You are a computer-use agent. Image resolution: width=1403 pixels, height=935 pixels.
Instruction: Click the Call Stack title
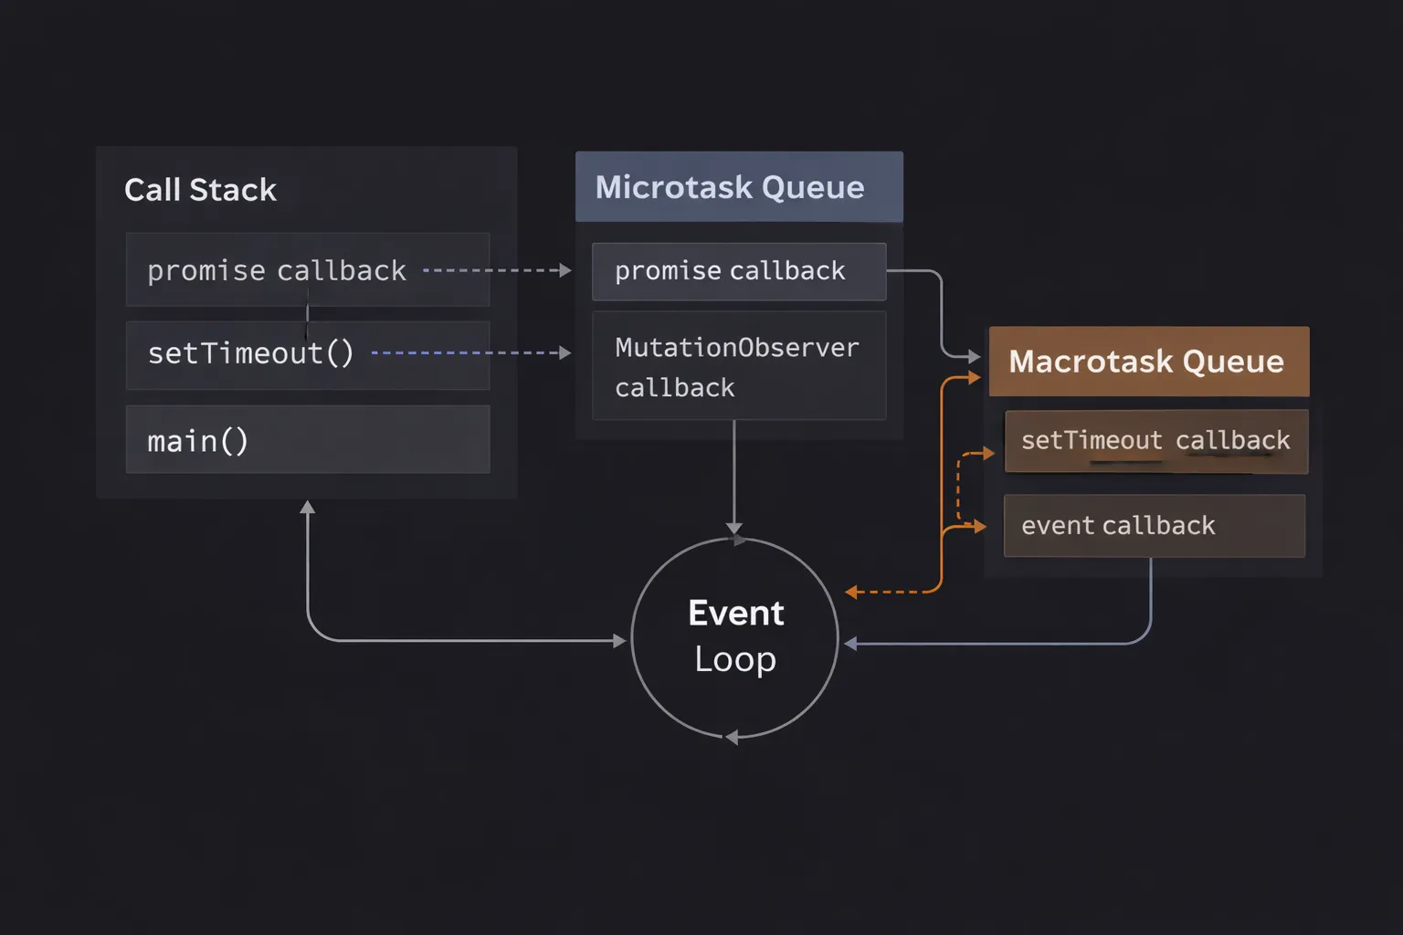tap(200, 190)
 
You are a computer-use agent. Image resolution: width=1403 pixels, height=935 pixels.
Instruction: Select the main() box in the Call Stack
tap(307, 440)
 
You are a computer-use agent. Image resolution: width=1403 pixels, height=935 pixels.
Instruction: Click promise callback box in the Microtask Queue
tap(738, 271)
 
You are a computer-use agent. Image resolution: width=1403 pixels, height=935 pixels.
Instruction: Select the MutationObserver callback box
tap(738, 366)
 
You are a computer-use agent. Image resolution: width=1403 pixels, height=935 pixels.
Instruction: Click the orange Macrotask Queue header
tap(1148, 362)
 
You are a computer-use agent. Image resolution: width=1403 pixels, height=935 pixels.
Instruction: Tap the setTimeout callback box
tap(1155, 441)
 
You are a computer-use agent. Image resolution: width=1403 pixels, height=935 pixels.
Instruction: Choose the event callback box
tap(1154, 526)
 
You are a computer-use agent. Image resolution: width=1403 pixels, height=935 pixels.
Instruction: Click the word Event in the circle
tap(735, 613)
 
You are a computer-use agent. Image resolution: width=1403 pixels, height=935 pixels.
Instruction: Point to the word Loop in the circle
tap(735, 659)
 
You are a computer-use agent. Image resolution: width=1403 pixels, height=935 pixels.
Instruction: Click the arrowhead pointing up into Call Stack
tap(308, 507)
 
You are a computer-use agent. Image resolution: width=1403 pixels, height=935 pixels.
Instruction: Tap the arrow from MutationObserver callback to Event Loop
tap(734, 475)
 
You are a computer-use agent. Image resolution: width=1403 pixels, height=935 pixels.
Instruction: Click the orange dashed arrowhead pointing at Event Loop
tap(851, 592)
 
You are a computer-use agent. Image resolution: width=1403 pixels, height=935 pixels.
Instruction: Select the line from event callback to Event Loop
tap(1005, 644)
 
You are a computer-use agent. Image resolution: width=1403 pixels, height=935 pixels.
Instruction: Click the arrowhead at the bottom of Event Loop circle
tap(731, 737)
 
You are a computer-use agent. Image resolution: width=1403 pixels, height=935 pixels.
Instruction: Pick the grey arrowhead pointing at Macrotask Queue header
tap(975, 356)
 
